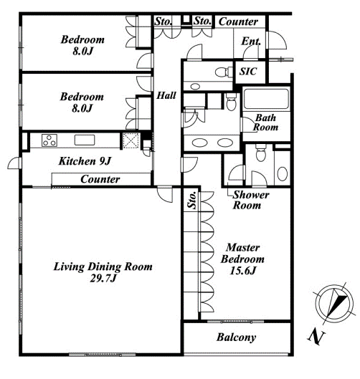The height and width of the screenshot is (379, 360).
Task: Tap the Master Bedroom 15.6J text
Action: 242,259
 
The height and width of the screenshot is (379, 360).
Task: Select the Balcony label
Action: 236,337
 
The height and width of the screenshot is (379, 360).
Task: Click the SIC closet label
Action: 248,72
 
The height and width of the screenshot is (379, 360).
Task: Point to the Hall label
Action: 166,95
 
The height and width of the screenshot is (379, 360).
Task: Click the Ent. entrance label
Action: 251,41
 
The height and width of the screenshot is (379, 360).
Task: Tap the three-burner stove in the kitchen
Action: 49,140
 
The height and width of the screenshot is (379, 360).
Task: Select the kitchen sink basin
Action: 85,140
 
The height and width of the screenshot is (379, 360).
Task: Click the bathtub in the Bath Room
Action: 266,99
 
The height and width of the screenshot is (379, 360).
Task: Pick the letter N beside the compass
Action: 316,337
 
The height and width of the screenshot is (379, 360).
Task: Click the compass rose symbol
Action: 335,303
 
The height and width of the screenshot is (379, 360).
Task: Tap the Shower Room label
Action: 251,200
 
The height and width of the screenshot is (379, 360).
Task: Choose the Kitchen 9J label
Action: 85,161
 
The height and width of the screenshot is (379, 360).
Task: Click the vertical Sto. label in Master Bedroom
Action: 192,200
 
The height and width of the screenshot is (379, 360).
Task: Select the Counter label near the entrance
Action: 238,21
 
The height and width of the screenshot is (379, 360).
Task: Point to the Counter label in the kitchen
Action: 100,179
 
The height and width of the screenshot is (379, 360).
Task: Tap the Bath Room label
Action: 265,123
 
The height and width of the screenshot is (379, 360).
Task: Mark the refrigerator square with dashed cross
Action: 131,140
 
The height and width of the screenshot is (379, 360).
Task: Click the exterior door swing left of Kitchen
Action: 14,163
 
